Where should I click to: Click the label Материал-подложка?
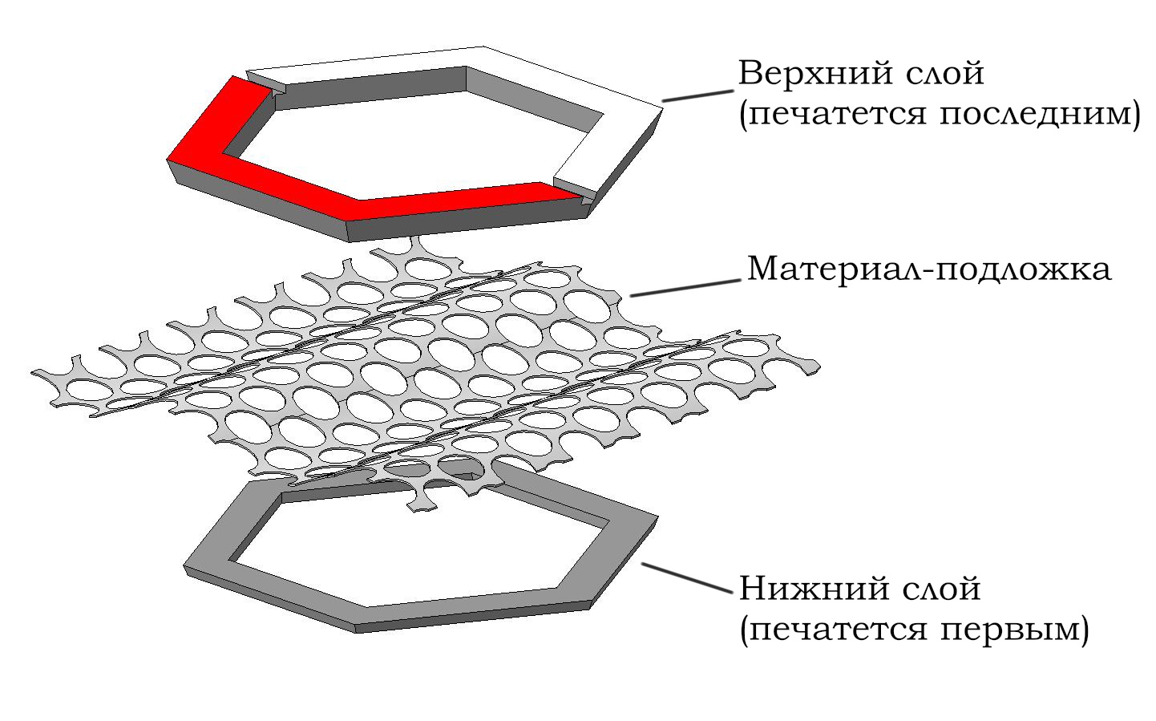tap(929, 269)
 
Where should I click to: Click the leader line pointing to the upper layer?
tap(694, 95)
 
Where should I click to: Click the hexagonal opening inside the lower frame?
tap(417, 553)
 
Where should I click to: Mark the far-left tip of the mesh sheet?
tap(34, 372)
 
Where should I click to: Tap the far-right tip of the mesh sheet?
tap(818, 368)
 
